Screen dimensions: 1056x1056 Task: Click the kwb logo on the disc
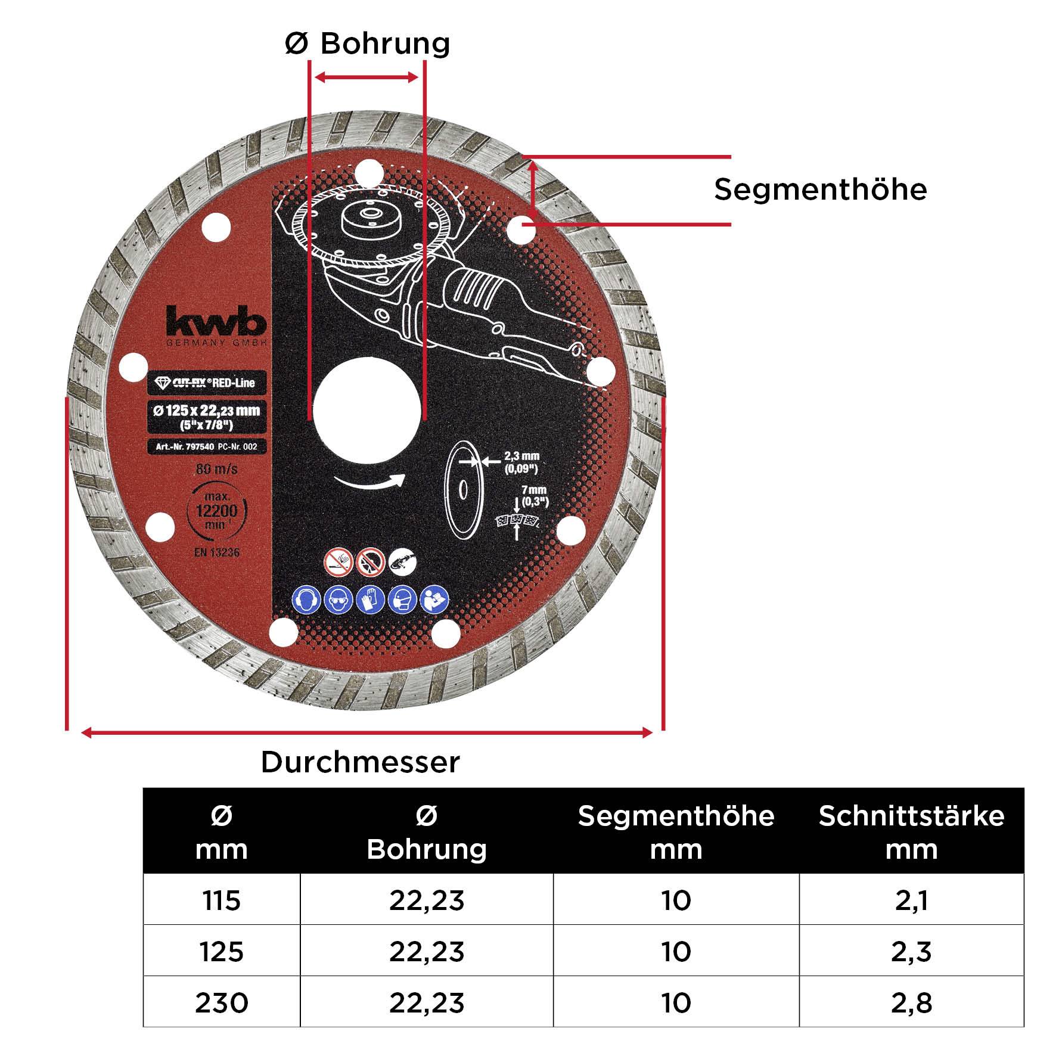point(216,324)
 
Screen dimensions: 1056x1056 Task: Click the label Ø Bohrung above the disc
point(367,44)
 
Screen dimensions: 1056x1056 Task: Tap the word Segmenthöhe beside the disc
point(820,190)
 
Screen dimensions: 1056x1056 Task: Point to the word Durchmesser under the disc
point(361,762)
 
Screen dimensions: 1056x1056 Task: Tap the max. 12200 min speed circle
point(216,511)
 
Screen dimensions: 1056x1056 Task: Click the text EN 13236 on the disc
point(216,552)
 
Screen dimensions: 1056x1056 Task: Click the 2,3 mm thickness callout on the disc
point(521,462)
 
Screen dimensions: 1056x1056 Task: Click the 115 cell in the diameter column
point(221,900)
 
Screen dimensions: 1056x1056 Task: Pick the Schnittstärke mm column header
point(911,832)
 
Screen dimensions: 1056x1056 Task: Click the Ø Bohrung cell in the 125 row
point(427,952)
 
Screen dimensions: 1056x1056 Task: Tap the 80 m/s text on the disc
point(217,470)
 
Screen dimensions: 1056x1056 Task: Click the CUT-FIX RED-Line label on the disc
point(207,383)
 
